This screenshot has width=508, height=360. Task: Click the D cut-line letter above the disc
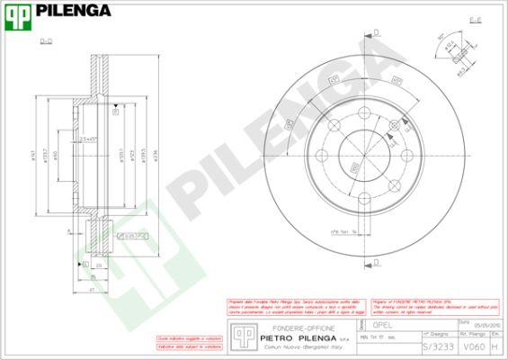376,32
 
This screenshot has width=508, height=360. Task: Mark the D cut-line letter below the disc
376,262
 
